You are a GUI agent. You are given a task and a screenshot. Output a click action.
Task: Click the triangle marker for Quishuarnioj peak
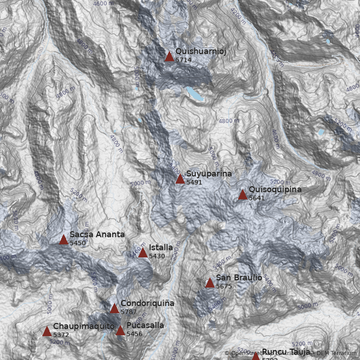point(169,56)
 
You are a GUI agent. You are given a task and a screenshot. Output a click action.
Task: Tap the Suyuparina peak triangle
point(180,179)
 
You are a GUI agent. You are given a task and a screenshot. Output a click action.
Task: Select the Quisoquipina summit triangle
point(243,195)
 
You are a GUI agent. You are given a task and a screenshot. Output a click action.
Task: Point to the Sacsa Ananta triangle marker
point(63,239)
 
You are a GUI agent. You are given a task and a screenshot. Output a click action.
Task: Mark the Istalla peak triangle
point(143,252)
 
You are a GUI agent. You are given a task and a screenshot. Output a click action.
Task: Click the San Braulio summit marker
point(210,283)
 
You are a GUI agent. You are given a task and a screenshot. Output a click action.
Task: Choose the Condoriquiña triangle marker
point(114,308)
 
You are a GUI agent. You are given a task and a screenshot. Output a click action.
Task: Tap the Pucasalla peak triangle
point(120,331)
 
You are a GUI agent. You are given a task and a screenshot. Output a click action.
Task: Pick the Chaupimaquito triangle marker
point(47,332)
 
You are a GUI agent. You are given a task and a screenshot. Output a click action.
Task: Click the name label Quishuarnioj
point(201,51)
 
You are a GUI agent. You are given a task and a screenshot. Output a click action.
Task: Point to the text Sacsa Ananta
point(97,234)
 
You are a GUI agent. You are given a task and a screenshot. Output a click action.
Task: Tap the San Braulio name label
point(239,278)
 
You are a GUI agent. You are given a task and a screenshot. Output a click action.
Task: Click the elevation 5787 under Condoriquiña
point(128,311)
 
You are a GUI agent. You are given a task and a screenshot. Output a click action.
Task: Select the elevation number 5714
point(184,59)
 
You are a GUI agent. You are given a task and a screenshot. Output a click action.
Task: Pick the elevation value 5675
point(224,286)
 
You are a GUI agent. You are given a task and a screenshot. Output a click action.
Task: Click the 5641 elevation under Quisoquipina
point(256,198)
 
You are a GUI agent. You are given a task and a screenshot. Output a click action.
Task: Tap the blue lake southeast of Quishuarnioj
point(195,94)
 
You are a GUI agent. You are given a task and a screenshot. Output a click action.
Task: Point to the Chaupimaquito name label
point(84,326)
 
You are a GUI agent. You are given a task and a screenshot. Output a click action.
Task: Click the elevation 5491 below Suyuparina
point(194,182)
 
